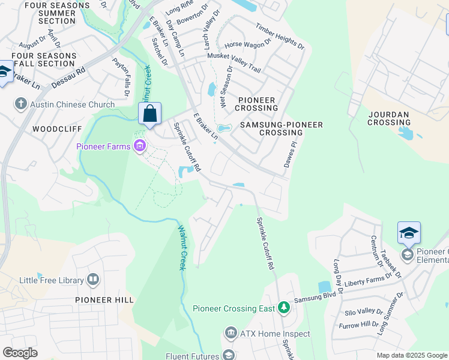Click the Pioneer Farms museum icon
(x=140, y=146)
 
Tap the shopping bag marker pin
(x=149, y=113)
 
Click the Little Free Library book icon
(x=93, y=279)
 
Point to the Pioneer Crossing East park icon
(x=283, y=308)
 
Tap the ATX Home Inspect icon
(x=231, y=334)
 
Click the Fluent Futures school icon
(x=229, y=355)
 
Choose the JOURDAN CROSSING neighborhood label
(x=388, y=118)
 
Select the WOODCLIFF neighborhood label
(x=53, y=129)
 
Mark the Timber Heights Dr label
(x=280, y=37)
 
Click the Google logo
(x=20, y=353)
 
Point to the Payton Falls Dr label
(x=121, y=77)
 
